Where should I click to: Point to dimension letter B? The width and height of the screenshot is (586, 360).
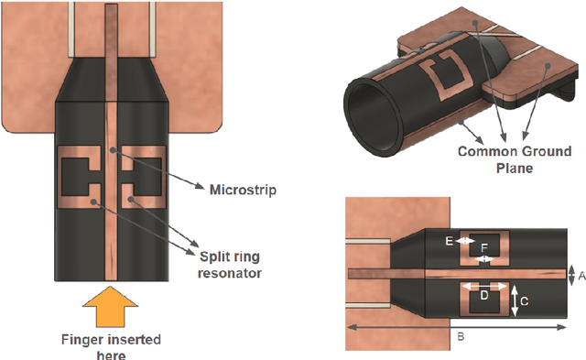460,336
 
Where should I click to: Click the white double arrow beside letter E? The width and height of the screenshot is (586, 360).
465,241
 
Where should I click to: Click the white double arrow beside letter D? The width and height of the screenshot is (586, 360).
485,286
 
